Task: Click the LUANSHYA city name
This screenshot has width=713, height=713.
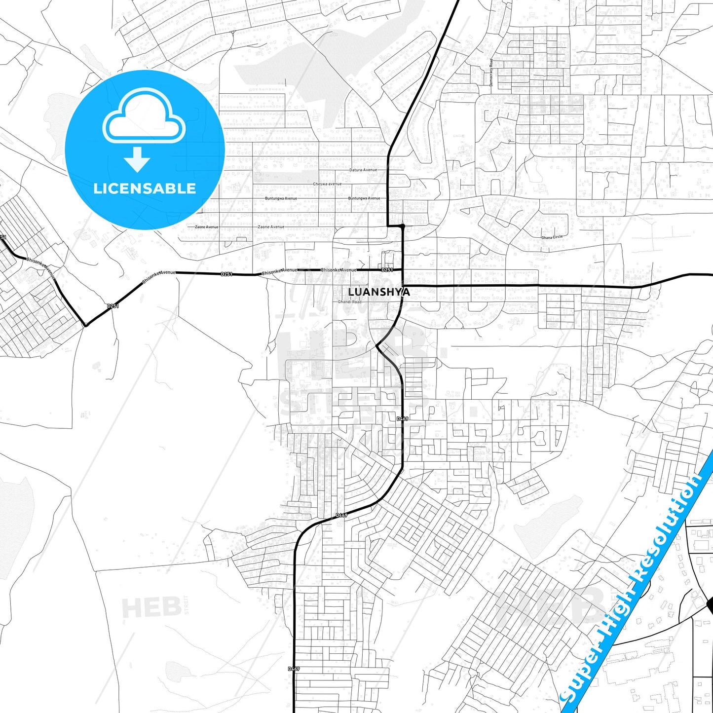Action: point(378,292)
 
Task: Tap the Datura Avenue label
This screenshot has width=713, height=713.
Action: point(363,170)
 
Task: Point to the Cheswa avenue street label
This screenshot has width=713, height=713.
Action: point(327,184)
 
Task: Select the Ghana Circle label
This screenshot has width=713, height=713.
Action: point(552,237)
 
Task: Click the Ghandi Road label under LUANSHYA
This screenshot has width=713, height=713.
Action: point(349,301)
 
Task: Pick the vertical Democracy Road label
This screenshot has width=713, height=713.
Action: point(491,73)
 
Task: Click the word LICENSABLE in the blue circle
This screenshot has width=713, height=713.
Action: point(145,188)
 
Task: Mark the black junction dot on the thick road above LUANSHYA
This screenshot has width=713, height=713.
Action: point(403,226)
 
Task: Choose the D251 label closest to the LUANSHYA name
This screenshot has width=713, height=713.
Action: point(387,270)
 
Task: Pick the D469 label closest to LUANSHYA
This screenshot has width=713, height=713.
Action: point(402,419)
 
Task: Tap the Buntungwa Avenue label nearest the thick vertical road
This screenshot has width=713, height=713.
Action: point(364,198)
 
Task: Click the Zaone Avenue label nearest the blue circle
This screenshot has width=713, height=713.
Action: point(206,227)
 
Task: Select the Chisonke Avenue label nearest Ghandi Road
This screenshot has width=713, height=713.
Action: point(338,270)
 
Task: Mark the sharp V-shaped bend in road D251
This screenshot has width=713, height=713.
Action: point(85,325)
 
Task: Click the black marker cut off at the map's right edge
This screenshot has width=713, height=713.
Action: point(710,604)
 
